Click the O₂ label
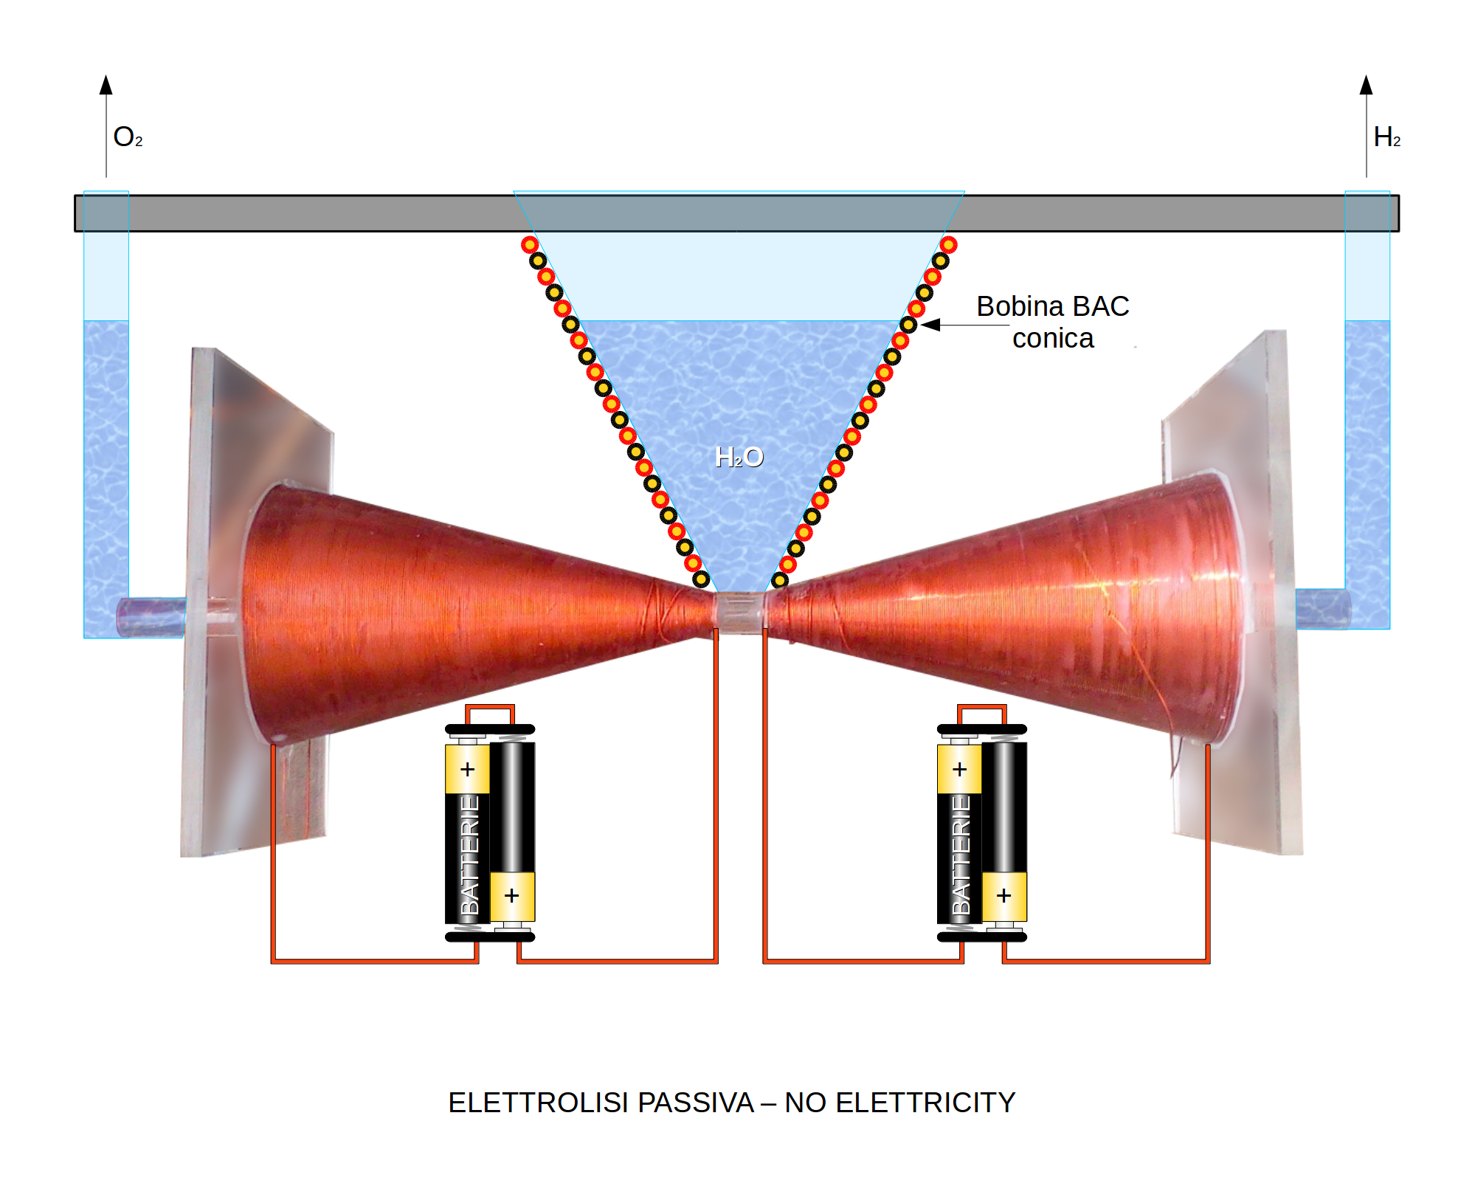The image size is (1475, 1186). (127, 137)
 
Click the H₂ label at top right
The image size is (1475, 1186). (1386, 137)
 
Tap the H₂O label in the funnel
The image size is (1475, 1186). (739, 458)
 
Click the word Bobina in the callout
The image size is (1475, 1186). (1020, 306)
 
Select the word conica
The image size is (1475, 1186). (1052, 339)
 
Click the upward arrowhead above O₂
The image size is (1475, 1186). (106, 85)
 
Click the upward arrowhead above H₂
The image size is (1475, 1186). (1366, 85)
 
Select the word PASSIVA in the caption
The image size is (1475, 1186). (695, 1103)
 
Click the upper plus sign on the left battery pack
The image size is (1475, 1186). (467, 770)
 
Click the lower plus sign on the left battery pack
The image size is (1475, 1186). (511, 896)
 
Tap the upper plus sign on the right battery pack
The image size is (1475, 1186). (959, 770)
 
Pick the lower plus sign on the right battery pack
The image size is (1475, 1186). (1004, 896)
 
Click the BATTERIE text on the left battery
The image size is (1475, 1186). (469, 855)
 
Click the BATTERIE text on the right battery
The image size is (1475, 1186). (961, 855)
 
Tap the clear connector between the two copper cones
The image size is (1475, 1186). (739, 612)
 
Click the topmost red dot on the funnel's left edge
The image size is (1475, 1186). (530, 244)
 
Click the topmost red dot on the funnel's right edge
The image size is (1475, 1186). (948, 244)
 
